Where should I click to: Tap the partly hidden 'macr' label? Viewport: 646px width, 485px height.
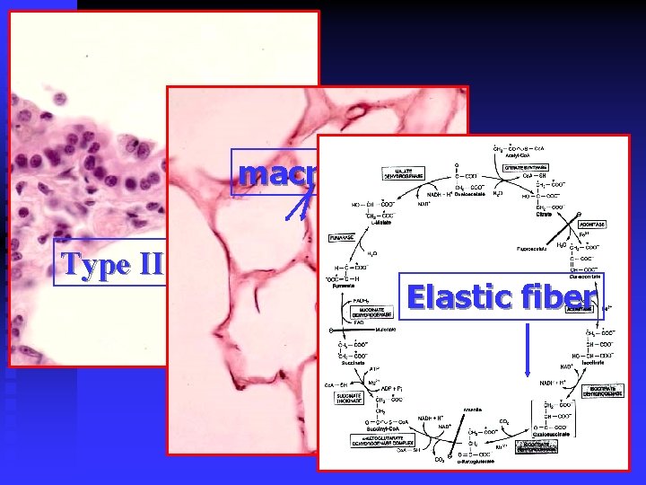click(x=275, y=174)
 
